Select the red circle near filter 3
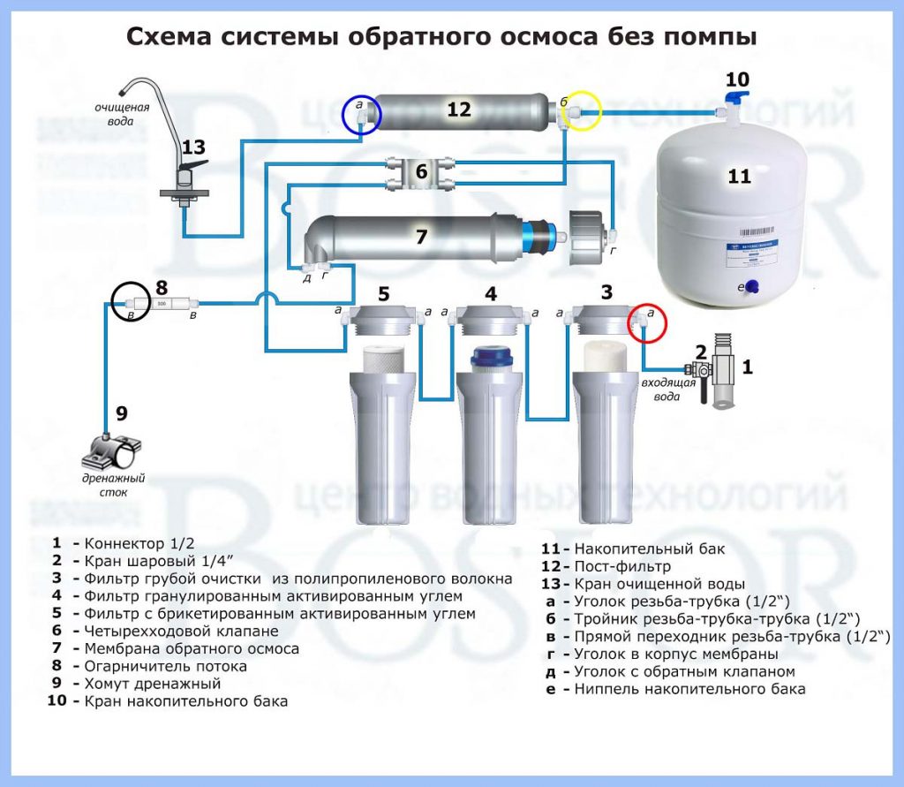point(646,324)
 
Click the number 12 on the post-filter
point(459,110)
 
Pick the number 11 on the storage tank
point(739,176)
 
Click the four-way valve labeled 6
point(421,172)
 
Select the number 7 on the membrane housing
point(421,237)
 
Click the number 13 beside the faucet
point(192,148)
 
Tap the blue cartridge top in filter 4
point(490,357)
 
